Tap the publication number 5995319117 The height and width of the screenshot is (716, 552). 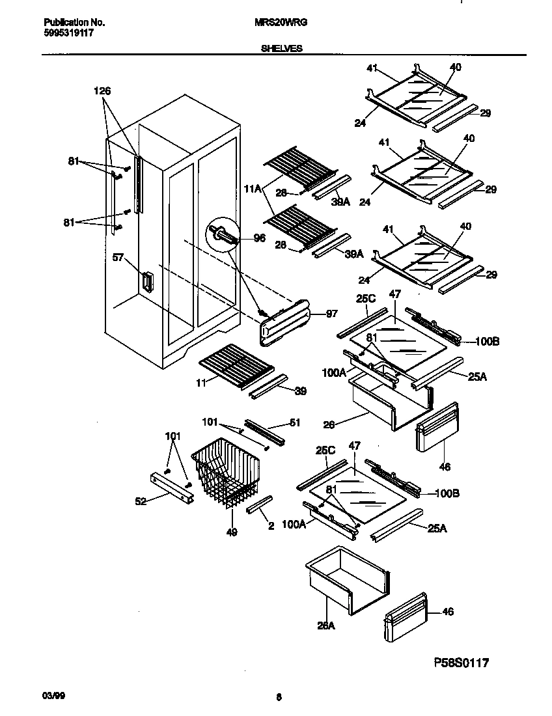coord(63,32)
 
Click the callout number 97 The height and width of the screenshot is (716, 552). coord(332,314)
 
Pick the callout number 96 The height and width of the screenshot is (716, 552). coord(259,239)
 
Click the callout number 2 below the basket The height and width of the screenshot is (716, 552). coord(271,527)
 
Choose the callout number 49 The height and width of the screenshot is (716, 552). coord(232,532)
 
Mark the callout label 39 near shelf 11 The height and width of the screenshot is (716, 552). coord(300,391)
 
